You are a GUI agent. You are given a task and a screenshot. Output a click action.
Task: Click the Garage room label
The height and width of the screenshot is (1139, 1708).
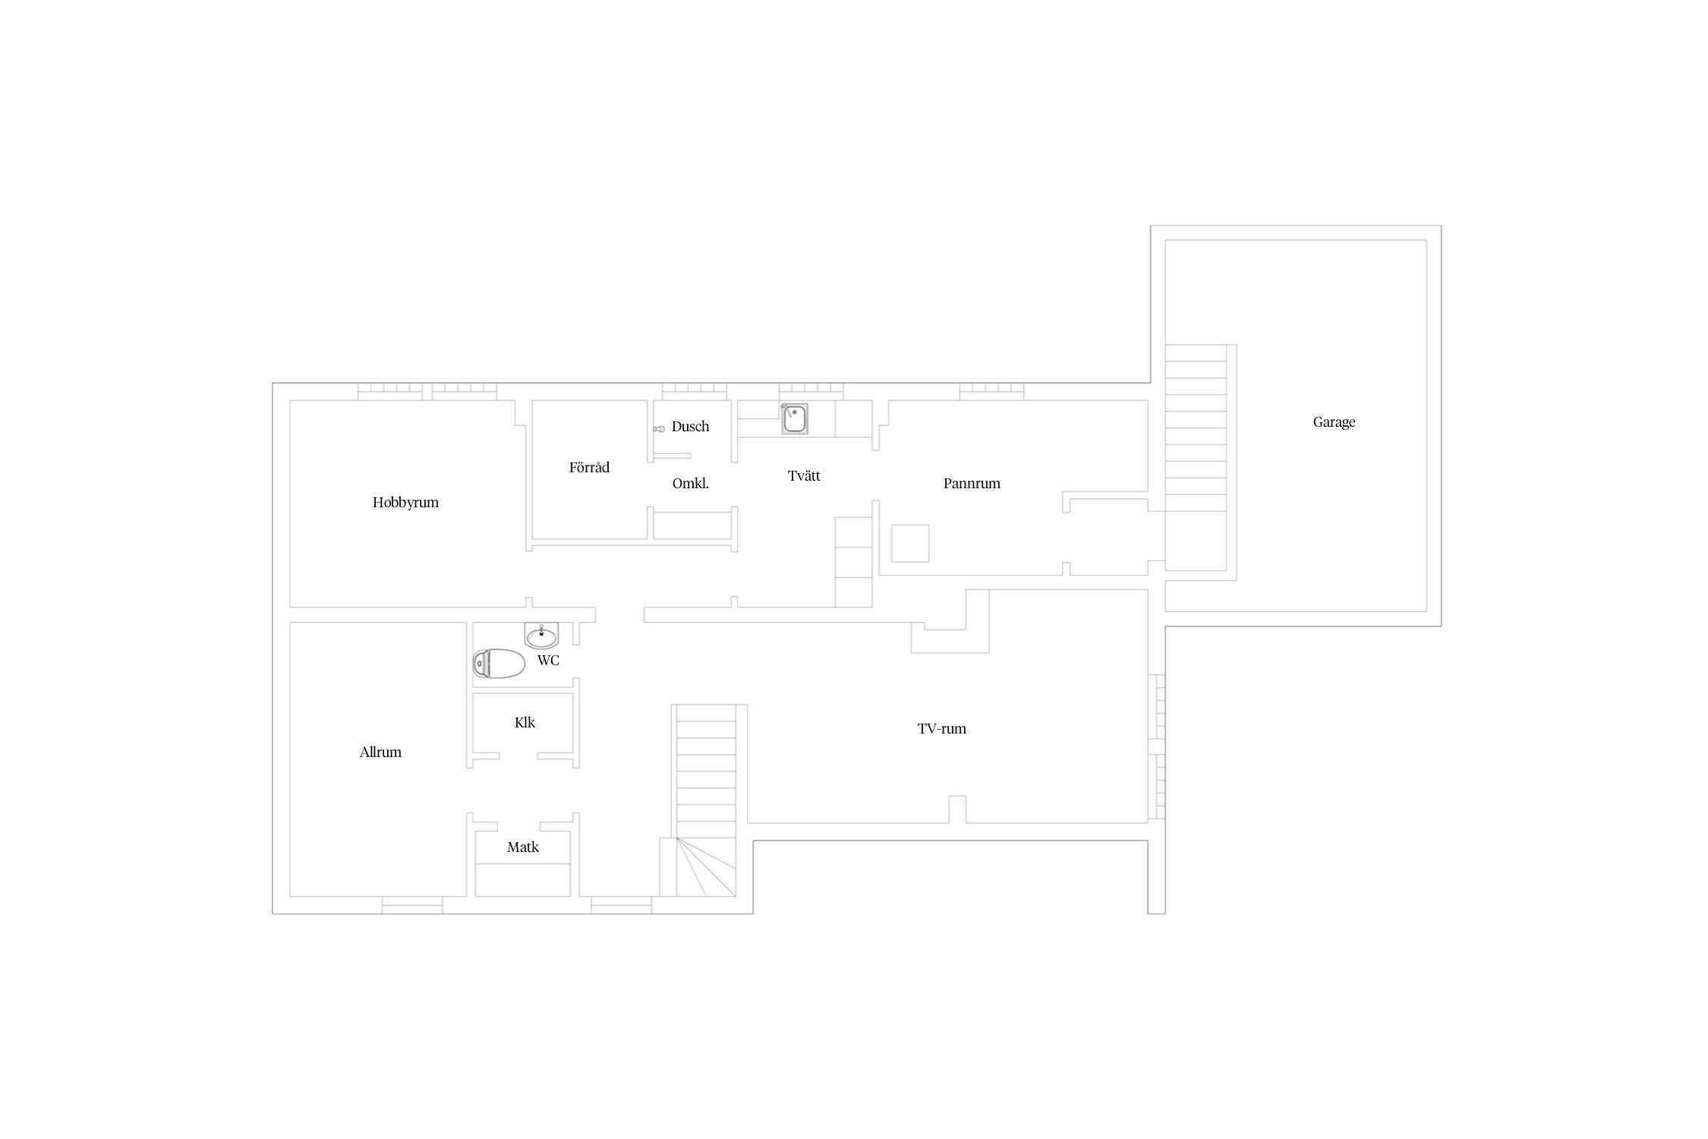1334,422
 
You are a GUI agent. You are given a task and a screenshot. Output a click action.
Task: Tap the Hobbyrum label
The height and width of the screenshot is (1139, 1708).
405,503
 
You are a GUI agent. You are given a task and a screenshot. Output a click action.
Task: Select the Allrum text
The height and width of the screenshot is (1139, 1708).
380,752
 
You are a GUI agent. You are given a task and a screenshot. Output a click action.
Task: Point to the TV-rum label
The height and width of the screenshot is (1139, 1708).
942,729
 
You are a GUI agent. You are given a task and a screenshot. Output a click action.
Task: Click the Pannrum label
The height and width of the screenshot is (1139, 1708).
972,484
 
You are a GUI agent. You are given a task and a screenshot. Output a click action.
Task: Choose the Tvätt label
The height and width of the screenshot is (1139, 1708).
804,476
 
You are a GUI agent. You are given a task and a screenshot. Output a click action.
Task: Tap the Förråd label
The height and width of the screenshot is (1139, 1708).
589,467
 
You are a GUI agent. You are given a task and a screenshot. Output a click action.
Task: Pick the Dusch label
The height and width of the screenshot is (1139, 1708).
690,427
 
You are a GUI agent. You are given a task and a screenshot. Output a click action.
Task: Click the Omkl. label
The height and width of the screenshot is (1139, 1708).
691,484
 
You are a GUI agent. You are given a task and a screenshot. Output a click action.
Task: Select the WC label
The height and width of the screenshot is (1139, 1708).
548,661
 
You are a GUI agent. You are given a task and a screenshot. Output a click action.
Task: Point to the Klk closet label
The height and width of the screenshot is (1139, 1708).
525,723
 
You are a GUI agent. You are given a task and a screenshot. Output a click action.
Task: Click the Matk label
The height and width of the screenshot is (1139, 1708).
523,847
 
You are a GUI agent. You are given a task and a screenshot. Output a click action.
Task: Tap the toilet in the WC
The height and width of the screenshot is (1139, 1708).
499,664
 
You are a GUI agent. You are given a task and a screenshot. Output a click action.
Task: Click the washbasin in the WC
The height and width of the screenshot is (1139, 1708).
541,635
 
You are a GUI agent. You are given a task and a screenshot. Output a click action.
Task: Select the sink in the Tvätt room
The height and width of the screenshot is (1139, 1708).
795,418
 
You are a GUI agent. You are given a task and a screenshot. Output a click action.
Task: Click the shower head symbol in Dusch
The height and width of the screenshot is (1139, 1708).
659,429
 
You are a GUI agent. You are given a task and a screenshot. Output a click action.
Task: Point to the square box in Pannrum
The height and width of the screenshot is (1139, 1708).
910,543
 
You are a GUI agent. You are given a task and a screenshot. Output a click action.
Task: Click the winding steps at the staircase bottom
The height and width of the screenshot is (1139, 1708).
706,867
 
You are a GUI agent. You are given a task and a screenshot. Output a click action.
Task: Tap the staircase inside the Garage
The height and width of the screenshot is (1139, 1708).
1196,458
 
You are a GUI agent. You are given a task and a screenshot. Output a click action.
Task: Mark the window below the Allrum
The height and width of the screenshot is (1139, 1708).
412,905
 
